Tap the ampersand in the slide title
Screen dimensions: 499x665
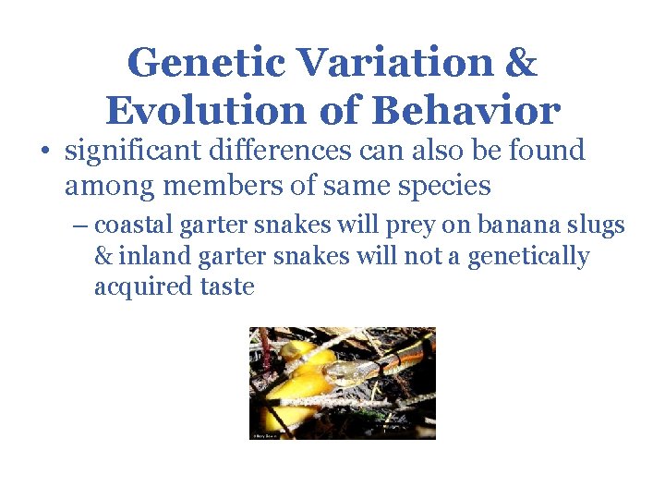[521, 63]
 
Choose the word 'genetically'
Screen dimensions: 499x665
[528, 256]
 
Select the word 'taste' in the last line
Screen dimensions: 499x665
[227, 286]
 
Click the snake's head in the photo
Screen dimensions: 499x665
[344, 371]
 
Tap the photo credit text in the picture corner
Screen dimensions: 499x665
[266, 433]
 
